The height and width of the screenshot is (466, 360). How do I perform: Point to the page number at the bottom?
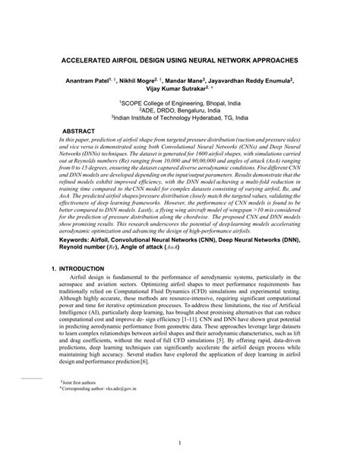tap(179, 442)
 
